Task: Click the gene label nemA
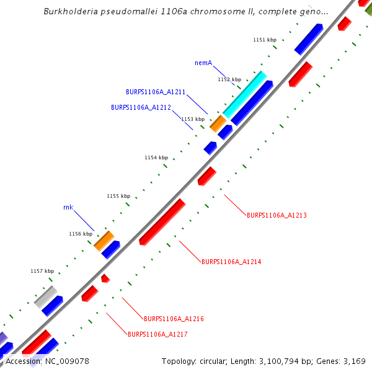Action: (203, 63)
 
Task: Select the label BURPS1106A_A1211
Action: (156, 92)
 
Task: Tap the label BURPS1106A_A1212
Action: (141, 107)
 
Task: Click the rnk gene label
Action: (68, 207)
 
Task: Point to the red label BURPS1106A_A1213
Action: (277, 216)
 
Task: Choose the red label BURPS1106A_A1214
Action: (231, 262)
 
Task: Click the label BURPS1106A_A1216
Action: (174, 319)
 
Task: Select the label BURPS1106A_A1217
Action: (157, 335)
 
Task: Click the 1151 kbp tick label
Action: (265, 40)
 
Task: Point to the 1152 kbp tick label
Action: (229, 79)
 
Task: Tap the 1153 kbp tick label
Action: (193, 119)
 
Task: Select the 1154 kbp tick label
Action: (156, 158)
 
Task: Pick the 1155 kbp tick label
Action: (118, 197)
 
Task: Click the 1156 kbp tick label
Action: (81, 234)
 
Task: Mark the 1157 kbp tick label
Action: (42, 272)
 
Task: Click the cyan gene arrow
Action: (245, 94)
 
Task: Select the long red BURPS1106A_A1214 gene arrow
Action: (162, 221)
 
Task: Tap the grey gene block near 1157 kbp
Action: (46, 297)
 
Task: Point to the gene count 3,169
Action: (354, 361)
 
